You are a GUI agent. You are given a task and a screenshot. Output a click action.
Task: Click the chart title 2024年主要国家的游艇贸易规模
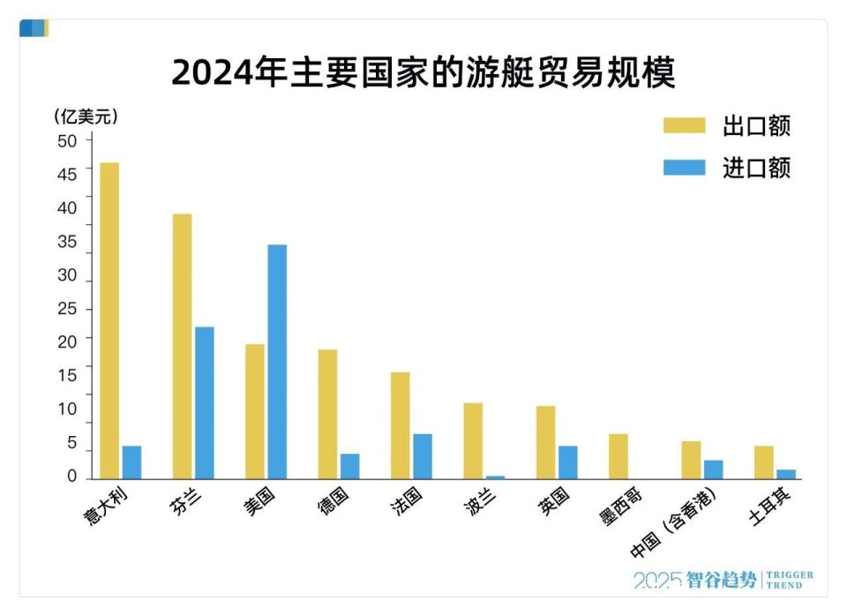tap(423, 73)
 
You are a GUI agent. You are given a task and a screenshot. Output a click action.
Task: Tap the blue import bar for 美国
tap(277, 362)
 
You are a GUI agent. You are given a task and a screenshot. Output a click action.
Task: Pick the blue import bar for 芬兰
tap(204, 402)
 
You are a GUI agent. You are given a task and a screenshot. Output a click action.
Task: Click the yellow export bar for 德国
tap(327, 414)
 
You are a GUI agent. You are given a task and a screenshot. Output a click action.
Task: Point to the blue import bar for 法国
tap(423, 456)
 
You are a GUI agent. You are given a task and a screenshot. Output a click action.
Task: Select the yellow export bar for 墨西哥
tap(618, 456)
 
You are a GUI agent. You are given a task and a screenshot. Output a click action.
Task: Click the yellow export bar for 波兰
tap(473, 440)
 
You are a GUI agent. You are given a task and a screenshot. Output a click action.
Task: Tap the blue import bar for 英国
tap(568, 462)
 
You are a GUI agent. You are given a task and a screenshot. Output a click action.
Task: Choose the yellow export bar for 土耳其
tap(763, 462)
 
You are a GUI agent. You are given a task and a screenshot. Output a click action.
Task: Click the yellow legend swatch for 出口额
tap(684, 125)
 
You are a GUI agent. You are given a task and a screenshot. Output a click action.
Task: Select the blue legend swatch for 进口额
tap(684, 168)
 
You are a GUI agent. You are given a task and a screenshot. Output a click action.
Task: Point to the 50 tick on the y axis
tap(68, 140)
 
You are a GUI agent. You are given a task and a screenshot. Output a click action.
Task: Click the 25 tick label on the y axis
tap(68, 310)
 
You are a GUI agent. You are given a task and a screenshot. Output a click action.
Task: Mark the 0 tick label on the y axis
tap(72, 477)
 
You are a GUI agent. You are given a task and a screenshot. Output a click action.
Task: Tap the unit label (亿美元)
tap(86, 116)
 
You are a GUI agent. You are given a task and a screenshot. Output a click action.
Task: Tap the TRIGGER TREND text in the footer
tap(790, 580)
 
